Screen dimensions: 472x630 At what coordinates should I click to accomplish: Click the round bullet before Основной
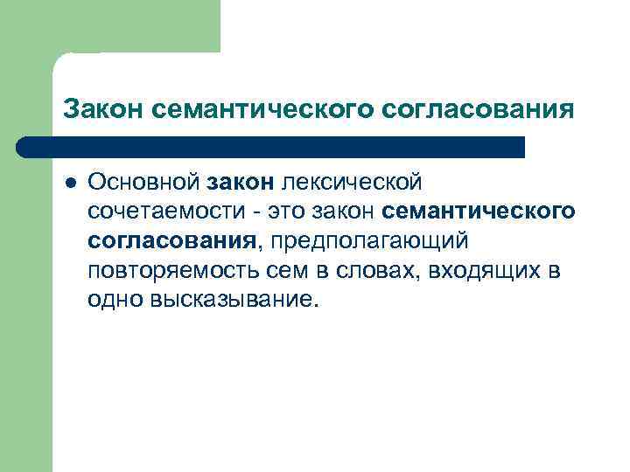coord(69,182)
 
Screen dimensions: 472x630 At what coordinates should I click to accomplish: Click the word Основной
coord(143,182)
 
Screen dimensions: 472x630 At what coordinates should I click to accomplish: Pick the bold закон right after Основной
coord(241,182)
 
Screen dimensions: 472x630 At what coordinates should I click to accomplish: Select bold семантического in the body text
coord(479,212)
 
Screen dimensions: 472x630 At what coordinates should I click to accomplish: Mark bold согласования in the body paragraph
coord(171,240)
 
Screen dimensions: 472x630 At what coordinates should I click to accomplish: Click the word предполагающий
coord(373,241)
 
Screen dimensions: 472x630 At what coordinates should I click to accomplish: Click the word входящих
coord(481,270)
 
